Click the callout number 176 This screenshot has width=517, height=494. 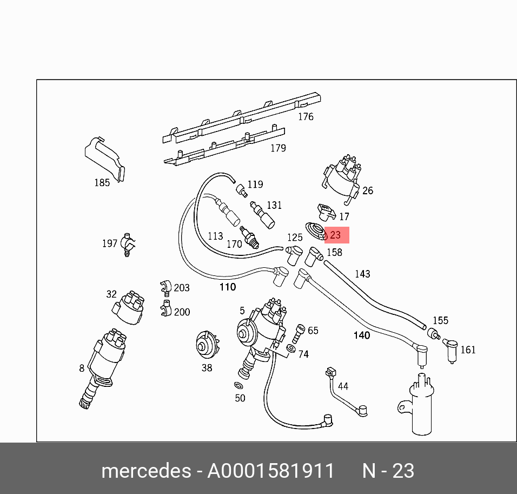306,116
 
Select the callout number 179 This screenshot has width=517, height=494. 278,148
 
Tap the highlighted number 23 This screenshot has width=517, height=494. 335,235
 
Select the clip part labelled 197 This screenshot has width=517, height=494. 128,245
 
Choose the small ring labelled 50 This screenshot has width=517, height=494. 238,386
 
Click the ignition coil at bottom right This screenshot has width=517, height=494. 422,406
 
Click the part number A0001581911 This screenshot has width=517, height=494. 271,471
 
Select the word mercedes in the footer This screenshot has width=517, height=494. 145,471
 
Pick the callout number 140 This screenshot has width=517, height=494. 361,335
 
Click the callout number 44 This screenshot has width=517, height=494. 343,386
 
